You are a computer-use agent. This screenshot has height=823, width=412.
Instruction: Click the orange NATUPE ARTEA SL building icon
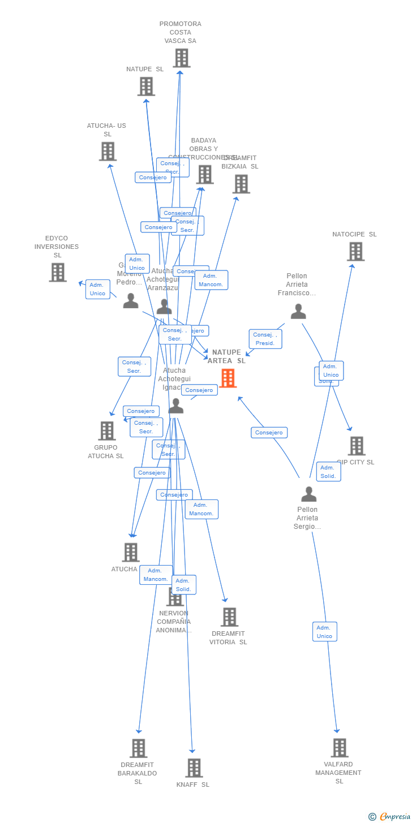point(228,378)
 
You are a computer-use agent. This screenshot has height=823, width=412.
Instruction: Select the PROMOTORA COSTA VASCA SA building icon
point(181,58)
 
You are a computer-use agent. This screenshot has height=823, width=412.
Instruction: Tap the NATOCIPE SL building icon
point(355,251)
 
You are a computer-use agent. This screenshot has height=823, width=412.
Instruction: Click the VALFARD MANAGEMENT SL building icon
point(340,747)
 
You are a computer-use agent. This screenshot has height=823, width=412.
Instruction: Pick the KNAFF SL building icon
point(194,768)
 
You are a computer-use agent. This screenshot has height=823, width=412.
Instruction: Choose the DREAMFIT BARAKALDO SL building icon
point(139,748)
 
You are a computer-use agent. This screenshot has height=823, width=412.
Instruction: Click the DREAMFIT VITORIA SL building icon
point(229,617)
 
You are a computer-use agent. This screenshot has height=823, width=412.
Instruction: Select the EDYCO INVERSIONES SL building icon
point(58,272)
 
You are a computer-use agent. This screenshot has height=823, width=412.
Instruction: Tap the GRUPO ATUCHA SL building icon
point(107,430)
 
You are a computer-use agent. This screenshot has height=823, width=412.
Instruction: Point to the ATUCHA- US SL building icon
point(108,151)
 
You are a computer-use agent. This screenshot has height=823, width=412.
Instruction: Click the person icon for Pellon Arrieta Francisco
point(298,311)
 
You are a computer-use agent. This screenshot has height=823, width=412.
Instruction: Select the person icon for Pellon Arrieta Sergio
point(308,494)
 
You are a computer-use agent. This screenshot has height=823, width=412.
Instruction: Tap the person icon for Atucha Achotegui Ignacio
point(176,406)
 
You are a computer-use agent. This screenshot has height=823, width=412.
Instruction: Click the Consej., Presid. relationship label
point(265,339)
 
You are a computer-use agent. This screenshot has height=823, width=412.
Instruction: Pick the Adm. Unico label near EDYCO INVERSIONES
point(97,289)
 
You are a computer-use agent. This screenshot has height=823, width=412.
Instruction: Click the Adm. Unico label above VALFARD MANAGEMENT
point(324,632)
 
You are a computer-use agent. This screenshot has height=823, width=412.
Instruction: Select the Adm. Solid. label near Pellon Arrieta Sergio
point(328,472)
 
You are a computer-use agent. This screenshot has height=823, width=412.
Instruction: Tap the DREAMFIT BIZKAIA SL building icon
point(241,184)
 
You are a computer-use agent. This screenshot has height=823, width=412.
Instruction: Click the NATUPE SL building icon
point(146,86)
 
